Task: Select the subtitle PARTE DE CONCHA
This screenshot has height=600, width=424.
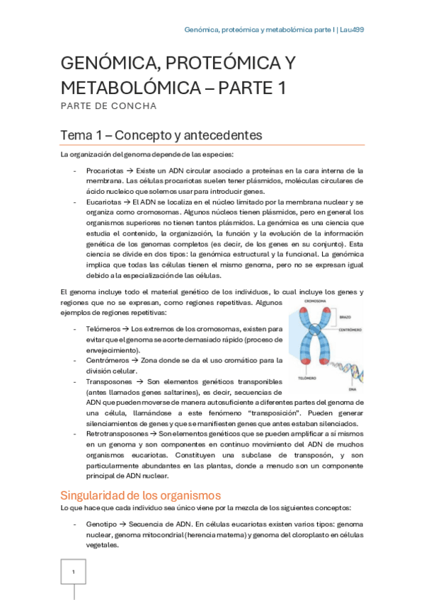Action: (x=108, y=106)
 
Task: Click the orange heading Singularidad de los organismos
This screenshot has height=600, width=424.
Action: (x=140, y=495)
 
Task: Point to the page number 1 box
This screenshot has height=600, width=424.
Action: (x=74, y=572)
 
